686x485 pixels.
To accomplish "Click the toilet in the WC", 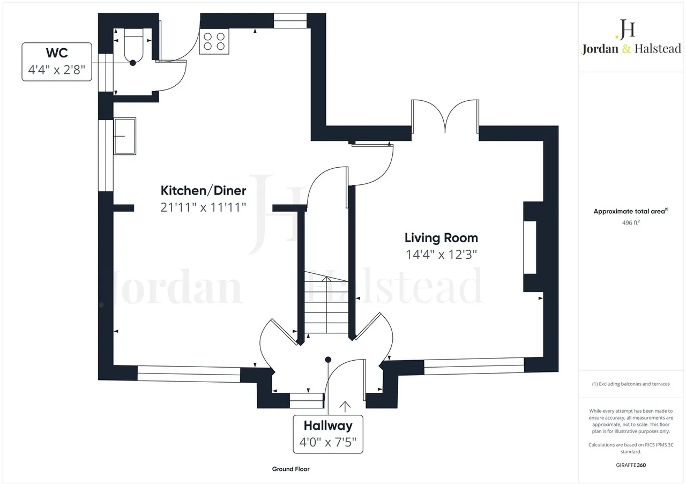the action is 133,44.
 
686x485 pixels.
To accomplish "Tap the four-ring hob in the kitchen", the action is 214,41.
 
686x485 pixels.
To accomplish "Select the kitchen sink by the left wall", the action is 125,136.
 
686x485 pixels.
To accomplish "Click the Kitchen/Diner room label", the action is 203,190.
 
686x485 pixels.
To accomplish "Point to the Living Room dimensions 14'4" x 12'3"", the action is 441,255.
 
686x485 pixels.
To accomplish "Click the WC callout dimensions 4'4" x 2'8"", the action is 57,70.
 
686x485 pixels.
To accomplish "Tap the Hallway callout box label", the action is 328,426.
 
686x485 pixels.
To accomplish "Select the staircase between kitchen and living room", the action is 326,302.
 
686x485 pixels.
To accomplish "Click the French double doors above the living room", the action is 445,116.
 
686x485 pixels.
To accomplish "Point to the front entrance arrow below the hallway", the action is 345,406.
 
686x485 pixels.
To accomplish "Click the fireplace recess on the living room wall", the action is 530,247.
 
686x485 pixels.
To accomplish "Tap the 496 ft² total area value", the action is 631,222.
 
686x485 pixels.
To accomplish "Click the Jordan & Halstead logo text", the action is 631,49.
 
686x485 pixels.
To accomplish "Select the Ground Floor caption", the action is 290,469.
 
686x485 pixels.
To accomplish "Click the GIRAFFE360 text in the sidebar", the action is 631,465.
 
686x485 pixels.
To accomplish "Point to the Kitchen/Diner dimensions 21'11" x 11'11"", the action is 203,207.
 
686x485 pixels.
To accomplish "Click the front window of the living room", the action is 474,366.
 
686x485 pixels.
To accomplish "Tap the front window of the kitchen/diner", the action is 189,374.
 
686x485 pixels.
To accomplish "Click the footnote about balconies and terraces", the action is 631,384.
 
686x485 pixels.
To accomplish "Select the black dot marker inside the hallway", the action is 328,360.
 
